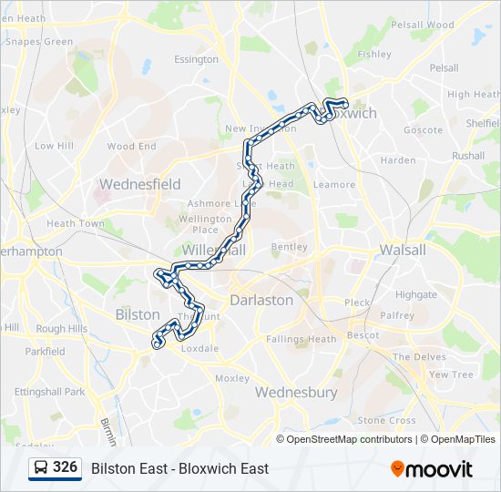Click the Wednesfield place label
pos(139,184)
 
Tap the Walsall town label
pos(402,249)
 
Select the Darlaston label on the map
pos(261,300)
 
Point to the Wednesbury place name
pos(296,393)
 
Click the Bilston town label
pos(138,313)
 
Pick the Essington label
pos(196,60)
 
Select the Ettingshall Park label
pos(49,392)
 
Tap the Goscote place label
pos(423,130)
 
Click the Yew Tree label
pos(451,374)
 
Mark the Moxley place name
pos(232,378)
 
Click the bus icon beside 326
pos(40,468)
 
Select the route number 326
pos(65,467)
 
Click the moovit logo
pos(432,469)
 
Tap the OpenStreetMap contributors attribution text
pos(349,439)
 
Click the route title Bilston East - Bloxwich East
pos(179,469)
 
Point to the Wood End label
pos(132,147)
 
